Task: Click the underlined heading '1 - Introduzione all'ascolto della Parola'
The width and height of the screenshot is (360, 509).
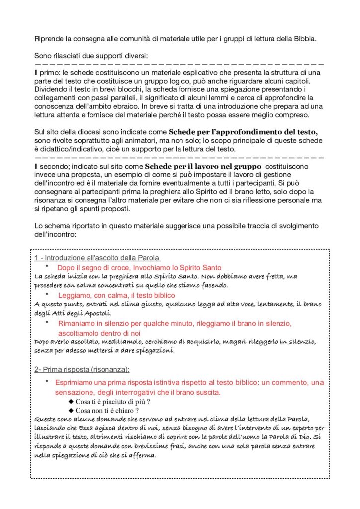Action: [97, 258]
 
